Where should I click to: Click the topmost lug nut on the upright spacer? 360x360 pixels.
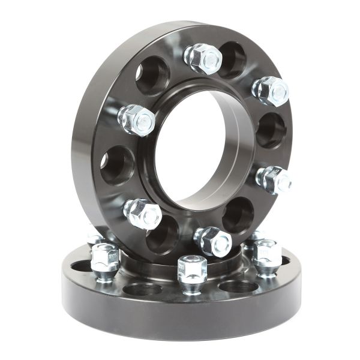(x=203, y=59)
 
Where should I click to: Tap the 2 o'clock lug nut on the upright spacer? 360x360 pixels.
(x=271, y=91)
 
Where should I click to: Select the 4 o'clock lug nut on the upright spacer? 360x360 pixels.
(x=274, y=179)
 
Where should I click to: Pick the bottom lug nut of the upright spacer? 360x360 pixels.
(x=213, y=241)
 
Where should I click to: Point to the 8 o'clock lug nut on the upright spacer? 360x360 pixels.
(x=143, y=214)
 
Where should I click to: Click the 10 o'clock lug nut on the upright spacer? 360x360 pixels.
(x=137, y=119)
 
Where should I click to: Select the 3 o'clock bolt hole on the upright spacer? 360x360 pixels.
(x=271, y=130)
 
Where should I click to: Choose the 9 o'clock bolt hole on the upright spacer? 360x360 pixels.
(x=118, y=165)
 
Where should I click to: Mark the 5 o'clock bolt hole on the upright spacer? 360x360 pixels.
(x=238, y=215)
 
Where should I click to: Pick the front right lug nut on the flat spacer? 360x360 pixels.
(x=267, y=255)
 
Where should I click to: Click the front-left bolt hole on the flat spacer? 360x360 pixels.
(x=142, y=289)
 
